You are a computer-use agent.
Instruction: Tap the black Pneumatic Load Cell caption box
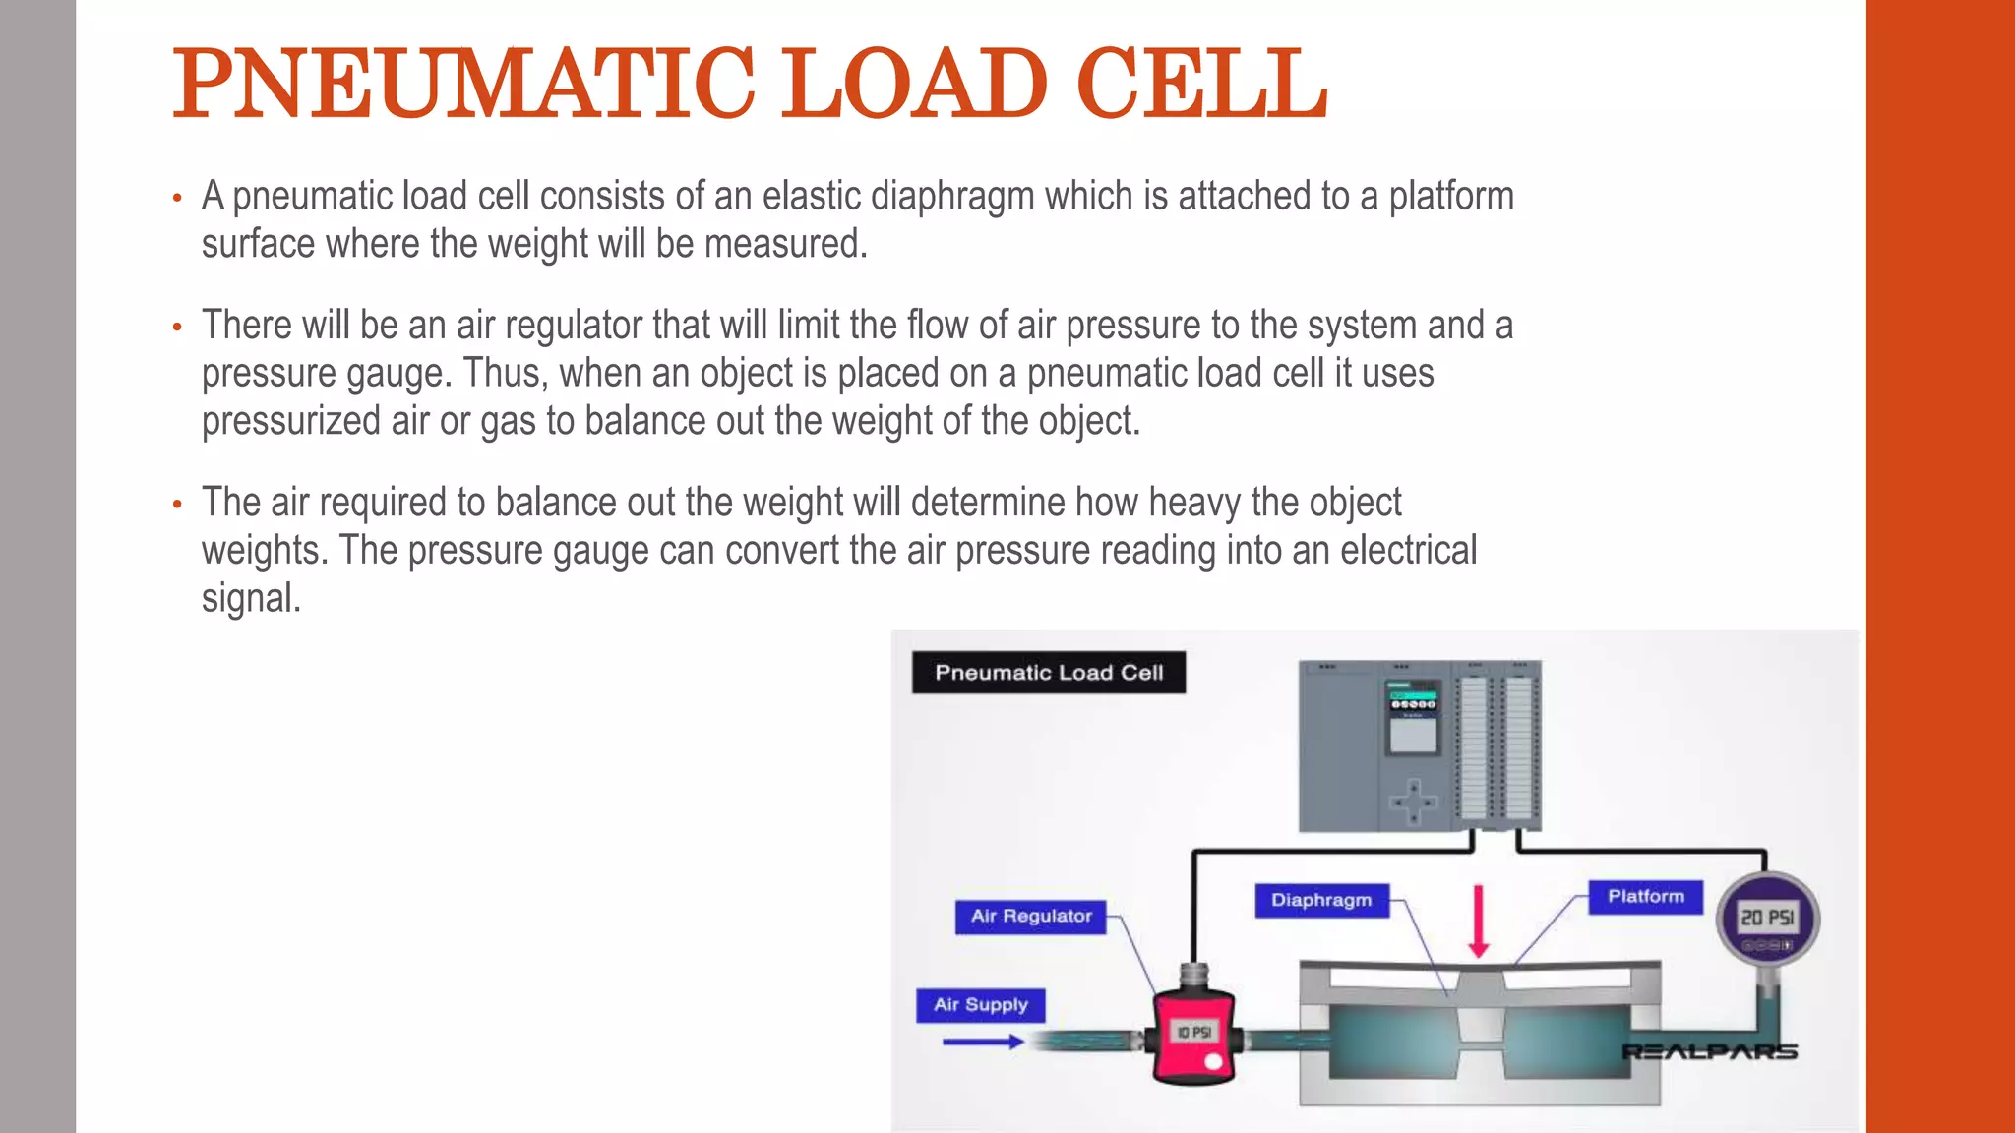(x=1048, y=673)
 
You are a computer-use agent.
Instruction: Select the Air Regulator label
(x=1030, y=917)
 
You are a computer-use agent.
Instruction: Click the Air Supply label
(x=980, y=1005)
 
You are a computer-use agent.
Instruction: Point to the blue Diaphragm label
(x=1320, y=900)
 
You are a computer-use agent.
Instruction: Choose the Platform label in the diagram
(x=1645, y=897)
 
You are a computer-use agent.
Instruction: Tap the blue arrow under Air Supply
(x=982, y=1042)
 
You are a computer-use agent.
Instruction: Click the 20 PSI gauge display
(x=1767, y=918)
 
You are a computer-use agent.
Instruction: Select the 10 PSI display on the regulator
(x=1193, y=1032)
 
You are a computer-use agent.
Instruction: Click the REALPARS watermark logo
(x=1709, y=1052)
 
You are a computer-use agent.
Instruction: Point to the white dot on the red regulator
(x=1213, y=1062)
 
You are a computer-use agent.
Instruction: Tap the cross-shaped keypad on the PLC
(x=1414, y=802)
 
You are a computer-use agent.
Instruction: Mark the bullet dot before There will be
(x=177, y=327)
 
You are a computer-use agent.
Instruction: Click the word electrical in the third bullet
(x=1408, y=550)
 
